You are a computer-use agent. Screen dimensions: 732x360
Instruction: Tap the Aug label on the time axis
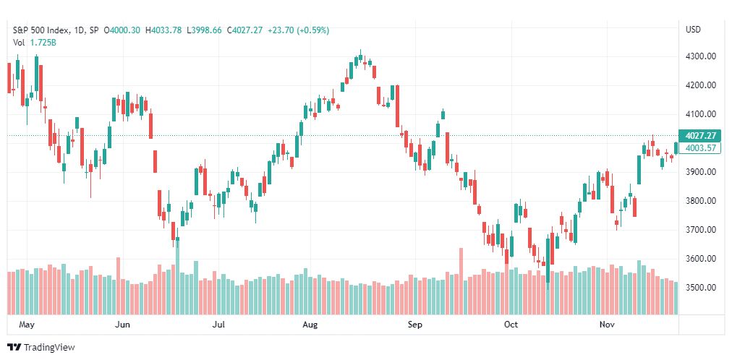[310, 325]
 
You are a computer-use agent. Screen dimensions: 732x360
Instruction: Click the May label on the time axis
[27, 325]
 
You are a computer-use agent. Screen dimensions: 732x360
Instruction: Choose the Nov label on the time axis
[607, 325]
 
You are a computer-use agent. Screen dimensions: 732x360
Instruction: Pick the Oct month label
[511, 325]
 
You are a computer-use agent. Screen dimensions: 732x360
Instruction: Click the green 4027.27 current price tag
[700, 136]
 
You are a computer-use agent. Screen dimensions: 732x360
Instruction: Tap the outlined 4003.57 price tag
[700, 147]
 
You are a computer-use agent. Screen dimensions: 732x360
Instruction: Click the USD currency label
[693, 30]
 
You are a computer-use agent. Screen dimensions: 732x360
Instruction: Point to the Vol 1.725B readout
[35, 43]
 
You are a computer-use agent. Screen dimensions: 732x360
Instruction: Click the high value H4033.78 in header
[163, 30]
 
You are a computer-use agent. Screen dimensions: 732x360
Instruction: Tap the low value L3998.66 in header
[205, 30]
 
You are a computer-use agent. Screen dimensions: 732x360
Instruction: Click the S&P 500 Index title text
[41, 30]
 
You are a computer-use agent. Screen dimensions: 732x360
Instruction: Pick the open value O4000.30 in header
[122, 30]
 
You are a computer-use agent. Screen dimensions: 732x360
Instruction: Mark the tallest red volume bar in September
[461, 281]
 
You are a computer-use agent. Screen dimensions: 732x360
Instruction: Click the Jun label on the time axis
[123, 325]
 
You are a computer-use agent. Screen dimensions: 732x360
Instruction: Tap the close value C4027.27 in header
[245, 30]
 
